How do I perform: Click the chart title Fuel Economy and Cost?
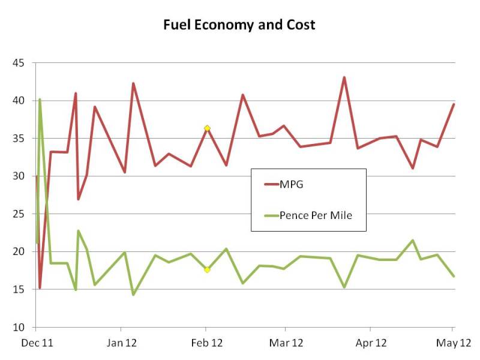pos(239,25)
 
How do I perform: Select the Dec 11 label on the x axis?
pos(35,343)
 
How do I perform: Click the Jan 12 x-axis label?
pos(121,343)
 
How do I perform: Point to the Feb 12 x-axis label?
pos(206,343)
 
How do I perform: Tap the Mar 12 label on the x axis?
pos(286,343)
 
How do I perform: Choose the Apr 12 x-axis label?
pos(370,343)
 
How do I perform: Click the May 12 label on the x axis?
pos(452,343)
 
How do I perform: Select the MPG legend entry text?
pos(292,185)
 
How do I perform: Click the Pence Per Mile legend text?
pos(315,215)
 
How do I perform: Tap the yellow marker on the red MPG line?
pos(207,128)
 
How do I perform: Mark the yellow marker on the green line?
pos(207,270)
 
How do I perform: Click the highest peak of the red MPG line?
pos(344,77)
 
